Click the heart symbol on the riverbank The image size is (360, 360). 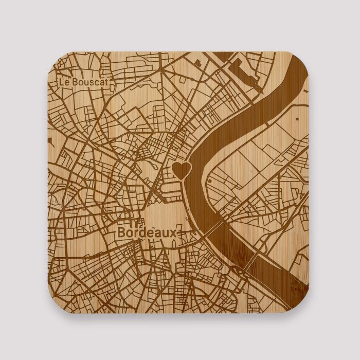181,169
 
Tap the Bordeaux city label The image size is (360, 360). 147,232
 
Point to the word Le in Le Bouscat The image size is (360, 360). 63,82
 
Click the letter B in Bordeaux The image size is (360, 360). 121,232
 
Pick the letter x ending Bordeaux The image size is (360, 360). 172,233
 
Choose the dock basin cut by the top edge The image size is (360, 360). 223,56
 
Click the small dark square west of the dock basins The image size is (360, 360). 197,63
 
